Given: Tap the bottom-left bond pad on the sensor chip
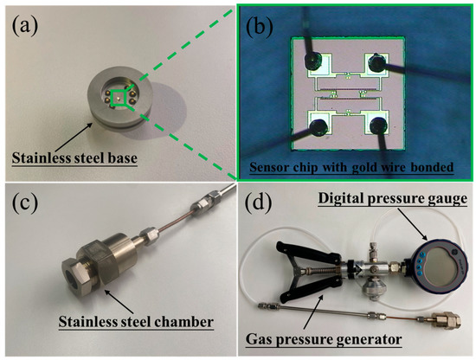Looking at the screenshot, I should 312,127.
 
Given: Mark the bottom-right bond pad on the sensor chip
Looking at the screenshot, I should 377,127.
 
